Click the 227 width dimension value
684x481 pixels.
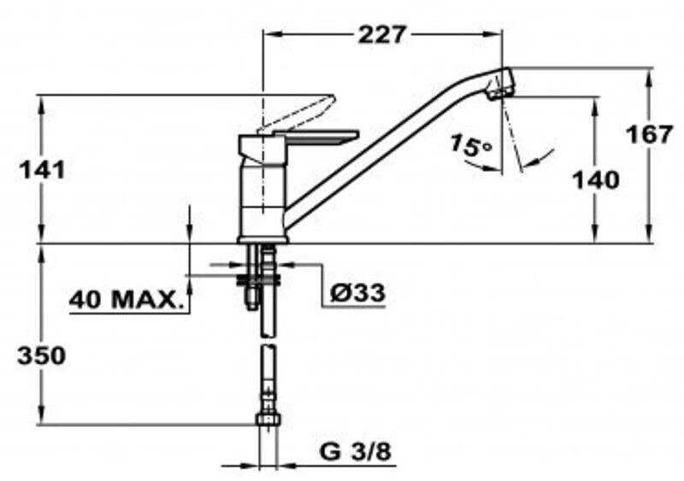pos(382,34)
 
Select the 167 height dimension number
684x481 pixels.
pos(649,134)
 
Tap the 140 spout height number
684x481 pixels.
pos(595,179)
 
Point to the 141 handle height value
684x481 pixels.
pos(41,170)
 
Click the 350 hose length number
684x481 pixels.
pos(41,355)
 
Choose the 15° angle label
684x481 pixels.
pos(469,145)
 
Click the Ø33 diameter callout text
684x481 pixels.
pos(357,292)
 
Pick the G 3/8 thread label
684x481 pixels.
pos(355,453)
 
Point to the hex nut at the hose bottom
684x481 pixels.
pos(268,419)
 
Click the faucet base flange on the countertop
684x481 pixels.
pos(263,239)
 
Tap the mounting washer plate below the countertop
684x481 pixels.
pos(258,279)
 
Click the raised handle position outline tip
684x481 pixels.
pos(330,99)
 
